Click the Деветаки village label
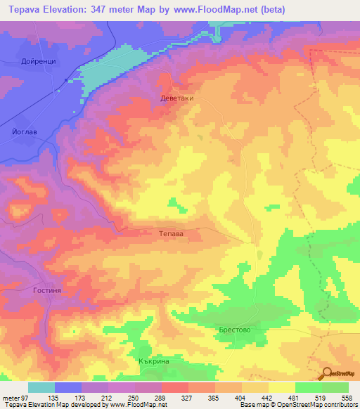[x=176, y=99]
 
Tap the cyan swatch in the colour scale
[x=41, y=387]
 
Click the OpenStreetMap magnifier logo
[x=327, y=373]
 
